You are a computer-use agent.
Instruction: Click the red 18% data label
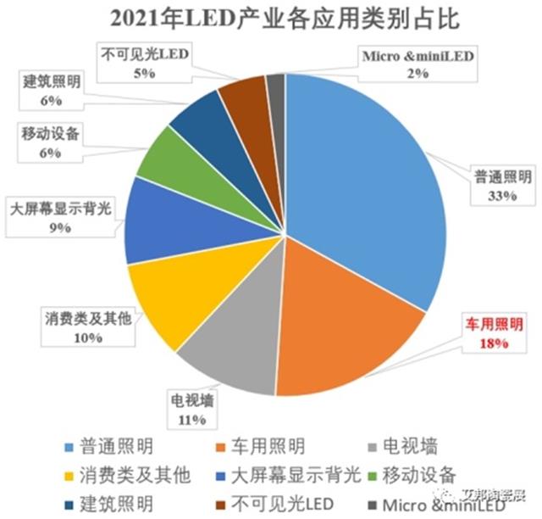click(491, 343)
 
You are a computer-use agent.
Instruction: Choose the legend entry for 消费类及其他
click(124, 472)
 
